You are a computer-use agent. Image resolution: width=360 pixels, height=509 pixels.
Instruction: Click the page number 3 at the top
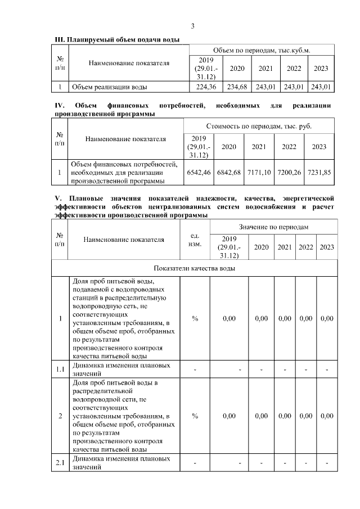(192, 26)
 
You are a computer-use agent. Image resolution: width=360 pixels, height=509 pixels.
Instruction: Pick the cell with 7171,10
(259, 173)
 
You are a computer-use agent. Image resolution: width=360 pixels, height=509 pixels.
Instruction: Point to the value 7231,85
(318, 173)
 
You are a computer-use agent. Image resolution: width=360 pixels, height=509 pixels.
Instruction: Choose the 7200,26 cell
(289, 173)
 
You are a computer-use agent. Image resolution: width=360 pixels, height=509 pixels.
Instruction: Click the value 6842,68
(229, 173)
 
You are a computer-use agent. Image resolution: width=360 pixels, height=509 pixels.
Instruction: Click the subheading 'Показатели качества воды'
(194, 268)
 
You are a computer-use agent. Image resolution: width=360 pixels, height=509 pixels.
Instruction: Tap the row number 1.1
(60, 368)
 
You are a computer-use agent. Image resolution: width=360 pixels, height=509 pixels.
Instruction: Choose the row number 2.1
(60, 463)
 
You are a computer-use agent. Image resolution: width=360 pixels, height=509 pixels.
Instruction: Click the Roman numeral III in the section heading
(59, 39)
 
